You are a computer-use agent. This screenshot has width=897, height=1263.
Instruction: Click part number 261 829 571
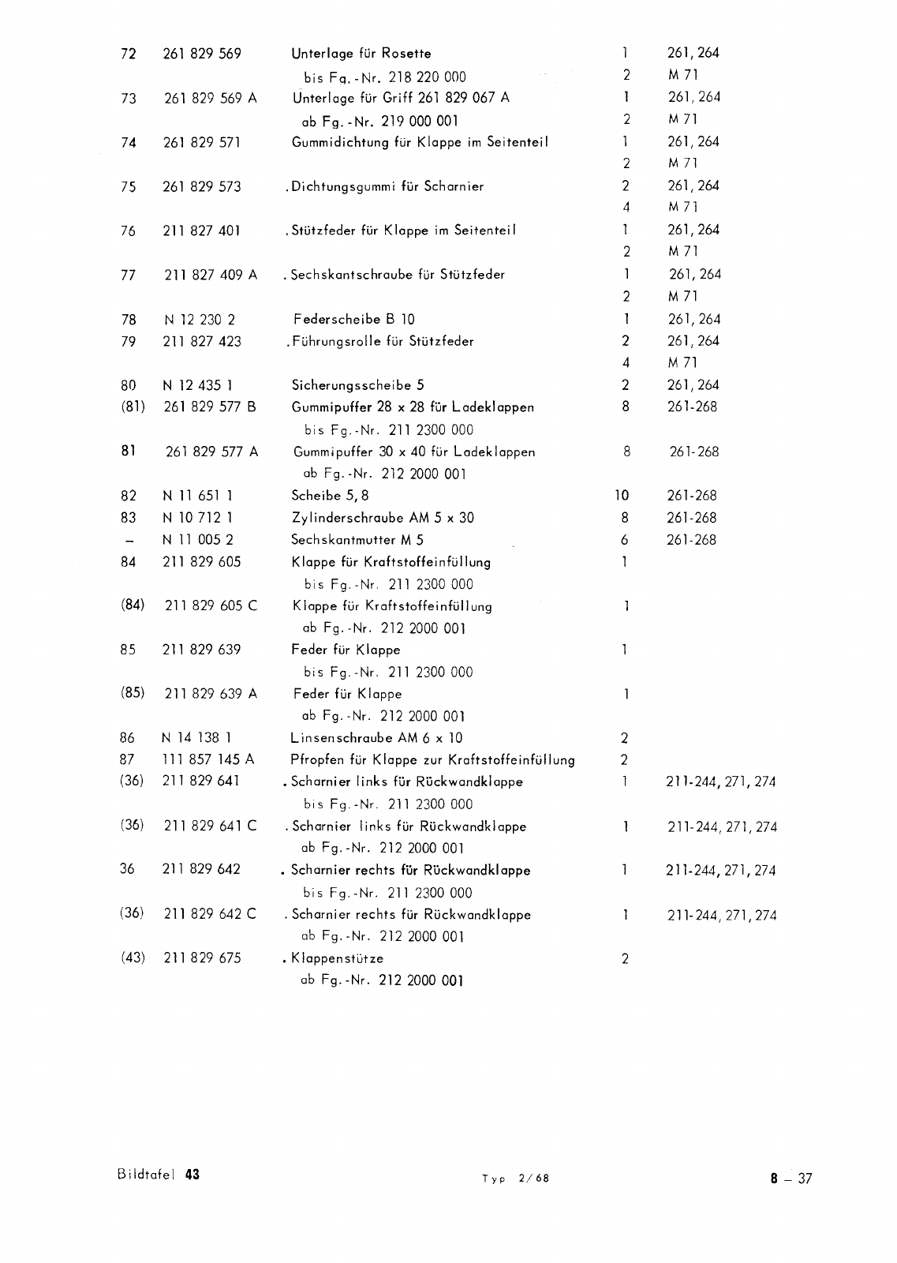point(201,143)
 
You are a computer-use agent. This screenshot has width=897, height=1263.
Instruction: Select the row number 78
point(129,320)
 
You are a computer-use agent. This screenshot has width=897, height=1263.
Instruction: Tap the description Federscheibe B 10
point(353,320)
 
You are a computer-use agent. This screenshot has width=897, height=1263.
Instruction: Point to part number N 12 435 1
point(197,386)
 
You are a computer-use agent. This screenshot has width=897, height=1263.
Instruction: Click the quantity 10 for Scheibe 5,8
point(622,496)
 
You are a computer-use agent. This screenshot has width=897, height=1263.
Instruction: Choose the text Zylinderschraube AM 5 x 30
point(383,518)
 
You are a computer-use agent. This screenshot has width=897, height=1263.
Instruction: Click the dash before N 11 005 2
point(129,542)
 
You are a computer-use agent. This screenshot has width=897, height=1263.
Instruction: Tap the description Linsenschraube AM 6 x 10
point(377,738)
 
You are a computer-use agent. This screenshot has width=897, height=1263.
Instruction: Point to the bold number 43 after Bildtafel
point(192,1175)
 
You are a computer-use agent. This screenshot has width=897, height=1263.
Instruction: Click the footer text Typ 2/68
point(515,1179)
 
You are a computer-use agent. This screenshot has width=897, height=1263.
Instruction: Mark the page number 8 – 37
point(791,1179)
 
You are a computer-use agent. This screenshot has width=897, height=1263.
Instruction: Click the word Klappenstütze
point(337,959)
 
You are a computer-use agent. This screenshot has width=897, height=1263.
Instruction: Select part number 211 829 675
point(201,958)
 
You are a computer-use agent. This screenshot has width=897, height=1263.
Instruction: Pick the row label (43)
point(133,958)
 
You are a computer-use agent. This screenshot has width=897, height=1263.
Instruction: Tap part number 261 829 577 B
point(210,407)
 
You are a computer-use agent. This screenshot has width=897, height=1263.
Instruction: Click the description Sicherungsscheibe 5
point(358,386)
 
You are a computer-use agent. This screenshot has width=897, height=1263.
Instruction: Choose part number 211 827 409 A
point(210,275)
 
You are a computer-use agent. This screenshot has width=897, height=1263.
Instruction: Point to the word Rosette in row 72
point(406,54)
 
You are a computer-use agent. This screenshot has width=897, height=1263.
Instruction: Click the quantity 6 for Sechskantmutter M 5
point(624,541)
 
